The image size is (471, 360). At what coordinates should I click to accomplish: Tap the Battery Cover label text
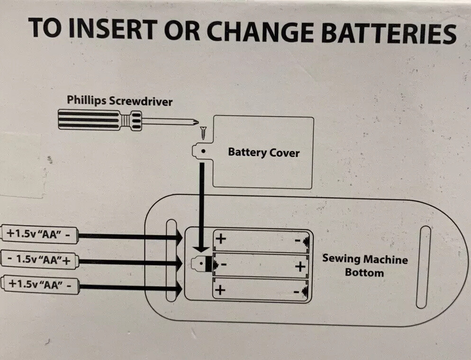(x=263, y=152)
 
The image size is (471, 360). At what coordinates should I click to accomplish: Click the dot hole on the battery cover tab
(x=203, y=152)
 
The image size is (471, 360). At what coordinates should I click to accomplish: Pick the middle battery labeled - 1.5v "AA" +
(x=40, y=260)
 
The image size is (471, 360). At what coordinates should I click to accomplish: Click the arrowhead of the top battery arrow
(x=179, y=236)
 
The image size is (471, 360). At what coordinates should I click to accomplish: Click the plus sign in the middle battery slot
(x=299, y=267)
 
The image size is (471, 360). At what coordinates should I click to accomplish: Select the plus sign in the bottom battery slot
(x=220, y=289)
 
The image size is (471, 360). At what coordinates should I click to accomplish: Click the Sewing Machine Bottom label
(x=364, y=266)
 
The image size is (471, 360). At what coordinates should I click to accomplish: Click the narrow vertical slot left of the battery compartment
(x=171, y=260)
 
